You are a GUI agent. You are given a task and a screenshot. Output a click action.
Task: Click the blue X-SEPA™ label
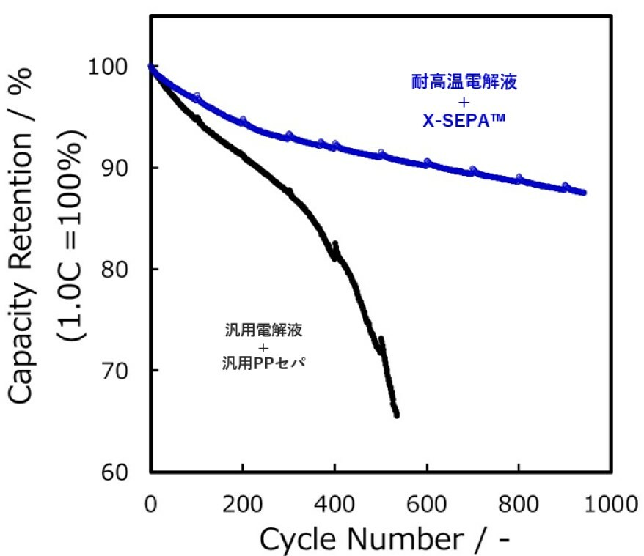464,121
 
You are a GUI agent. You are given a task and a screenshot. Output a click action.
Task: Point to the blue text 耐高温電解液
464,82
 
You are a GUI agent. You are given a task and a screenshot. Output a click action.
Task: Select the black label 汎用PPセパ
263,363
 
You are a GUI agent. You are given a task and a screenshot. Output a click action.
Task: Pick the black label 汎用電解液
263,330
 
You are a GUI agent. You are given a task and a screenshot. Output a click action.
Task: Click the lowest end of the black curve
396,415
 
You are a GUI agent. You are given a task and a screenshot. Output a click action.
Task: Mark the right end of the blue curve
584,193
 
